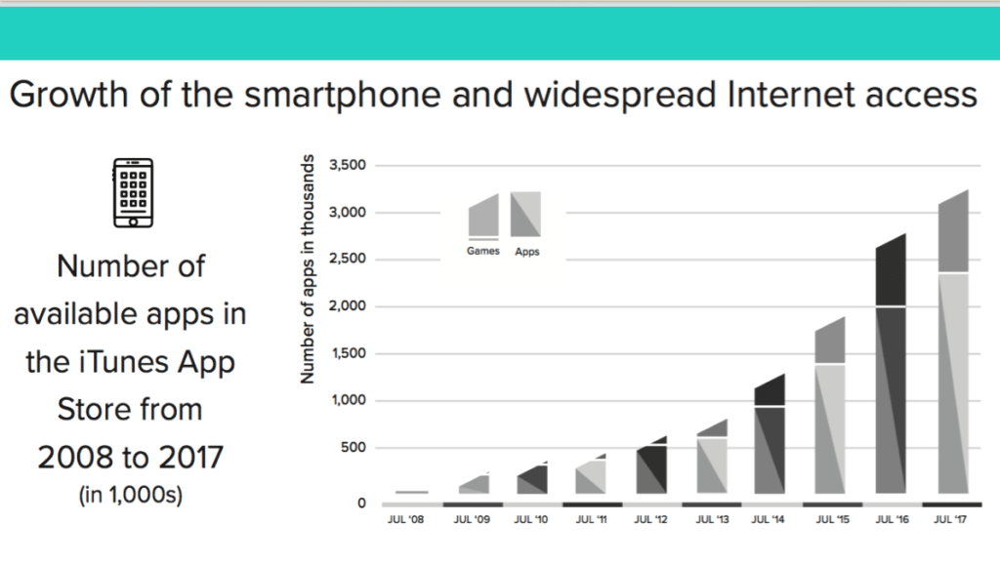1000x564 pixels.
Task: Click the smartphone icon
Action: click(x=133, y=192)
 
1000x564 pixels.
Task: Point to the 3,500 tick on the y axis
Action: click(x=348, y=165)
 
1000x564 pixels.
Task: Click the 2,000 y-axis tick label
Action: click(x=348, y=306)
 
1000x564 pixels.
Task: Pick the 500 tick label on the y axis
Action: click(x=354, y=448)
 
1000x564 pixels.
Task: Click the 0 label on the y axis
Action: click(x=361, y=504)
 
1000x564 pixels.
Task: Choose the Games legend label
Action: click(x=482, y=251)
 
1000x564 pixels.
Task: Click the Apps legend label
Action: click(x=526, y=252)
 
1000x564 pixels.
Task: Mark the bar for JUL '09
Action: click(x=473, y=484)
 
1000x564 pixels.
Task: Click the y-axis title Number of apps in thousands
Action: click(x=308, y=268)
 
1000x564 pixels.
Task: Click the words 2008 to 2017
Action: click(x=131, y=457)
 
